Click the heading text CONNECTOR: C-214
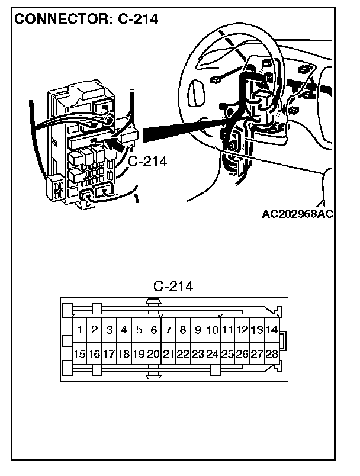[x=86, y=19]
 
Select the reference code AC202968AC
[x=297, y=214]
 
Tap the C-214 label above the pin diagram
[x=173, y=287]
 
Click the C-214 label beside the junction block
[x=147, y=161]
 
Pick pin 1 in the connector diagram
[x=79, y=330]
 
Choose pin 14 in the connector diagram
[x=272, y=330]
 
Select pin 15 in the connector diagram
[x=79, y=354]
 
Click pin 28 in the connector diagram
[x=272, y=354]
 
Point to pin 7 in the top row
[x=168, y=330]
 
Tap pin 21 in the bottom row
[x=168, y=354]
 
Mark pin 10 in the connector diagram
[x=213, y=330]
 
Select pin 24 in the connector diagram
[x=213, y=354]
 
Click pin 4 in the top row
[x=124, y=330]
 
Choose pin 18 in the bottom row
[x=124, y=354]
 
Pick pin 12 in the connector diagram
[x=242, y=330]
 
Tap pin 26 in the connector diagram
[x=242, y=354]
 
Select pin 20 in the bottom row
[x=153, y=354]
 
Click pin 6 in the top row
[x=153, y=330]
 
